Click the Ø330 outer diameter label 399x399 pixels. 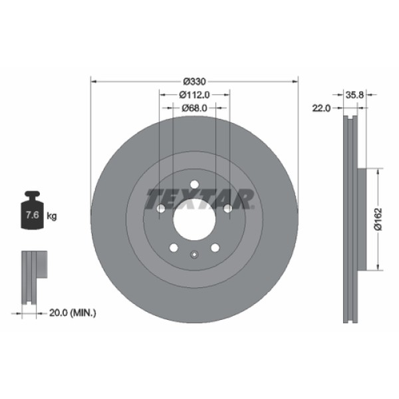(x=194, y=81)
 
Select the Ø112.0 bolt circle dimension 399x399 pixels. (x=194, y=94)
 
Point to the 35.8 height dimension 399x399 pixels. (x=354, y=95)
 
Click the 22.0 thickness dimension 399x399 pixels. (x=322, y=108)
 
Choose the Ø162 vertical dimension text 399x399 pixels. (x=377, y=219)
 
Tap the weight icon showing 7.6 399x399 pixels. (x=31, y=214)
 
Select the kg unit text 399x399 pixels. (x=52, y=216)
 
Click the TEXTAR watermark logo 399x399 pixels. (x=199, y=198)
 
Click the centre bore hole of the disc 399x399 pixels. (x=194, y=217)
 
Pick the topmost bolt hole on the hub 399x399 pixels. (x=194, y=185)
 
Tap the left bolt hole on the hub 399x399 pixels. (x=161, y=209)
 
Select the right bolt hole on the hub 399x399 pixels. (x=227, y=209)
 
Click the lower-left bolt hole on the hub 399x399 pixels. (x=174, y=247)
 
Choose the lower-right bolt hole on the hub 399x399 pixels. (x=215, y=247)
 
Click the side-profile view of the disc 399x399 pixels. (x=352, y=219)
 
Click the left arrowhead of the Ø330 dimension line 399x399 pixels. (x=93, y=81)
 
